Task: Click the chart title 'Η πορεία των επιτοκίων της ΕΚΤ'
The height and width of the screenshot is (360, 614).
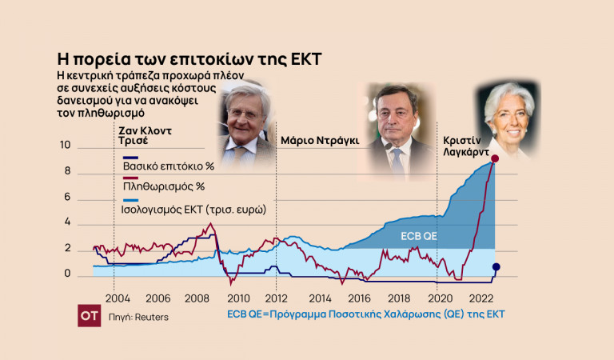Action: (x=189, y=59)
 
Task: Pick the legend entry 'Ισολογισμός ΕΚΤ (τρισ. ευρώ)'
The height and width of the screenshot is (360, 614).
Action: (x=193, y=209)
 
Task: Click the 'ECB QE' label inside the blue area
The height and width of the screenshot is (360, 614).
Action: (x=418, y=236)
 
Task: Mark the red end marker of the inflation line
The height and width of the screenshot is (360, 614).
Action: (x=495, y=159)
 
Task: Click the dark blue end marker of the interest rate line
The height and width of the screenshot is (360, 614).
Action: (x=496, y=267)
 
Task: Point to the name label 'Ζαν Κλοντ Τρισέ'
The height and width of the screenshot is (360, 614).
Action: (x=145, y=133)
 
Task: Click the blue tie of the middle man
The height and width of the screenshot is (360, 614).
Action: (x=397, y=160)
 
